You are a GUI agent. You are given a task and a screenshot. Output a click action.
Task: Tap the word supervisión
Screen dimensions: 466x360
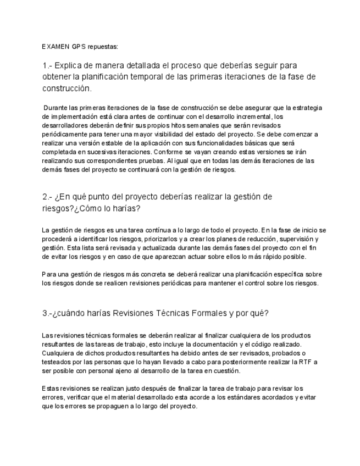point(298,239)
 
